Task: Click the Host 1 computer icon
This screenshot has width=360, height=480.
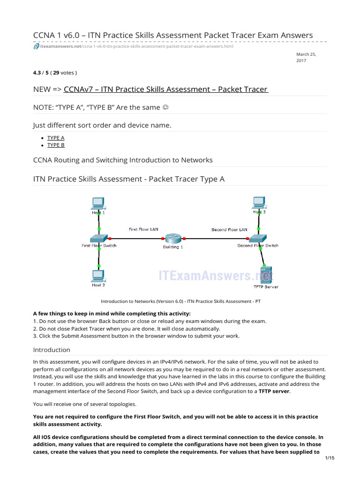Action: point(98,203)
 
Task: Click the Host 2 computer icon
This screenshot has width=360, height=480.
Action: point(98,275)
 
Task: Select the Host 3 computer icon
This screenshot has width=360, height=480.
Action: point(258,202)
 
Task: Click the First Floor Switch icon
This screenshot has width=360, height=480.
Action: point(99,238)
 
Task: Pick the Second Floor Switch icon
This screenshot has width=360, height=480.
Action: point(257,238)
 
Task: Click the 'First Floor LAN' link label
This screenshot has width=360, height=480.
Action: point(143,229)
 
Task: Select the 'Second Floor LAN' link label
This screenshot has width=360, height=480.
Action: point(229,230)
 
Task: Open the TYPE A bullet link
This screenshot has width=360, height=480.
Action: point(56,138)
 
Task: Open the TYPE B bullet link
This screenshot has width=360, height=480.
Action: point(56,145)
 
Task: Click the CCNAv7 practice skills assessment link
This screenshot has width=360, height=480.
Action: point(165,89)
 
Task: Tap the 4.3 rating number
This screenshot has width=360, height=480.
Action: point(37,73)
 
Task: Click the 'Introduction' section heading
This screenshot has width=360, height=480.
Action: point(52,350)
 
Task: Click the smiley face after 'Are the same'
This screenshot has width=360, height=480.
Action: point(165,107)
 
